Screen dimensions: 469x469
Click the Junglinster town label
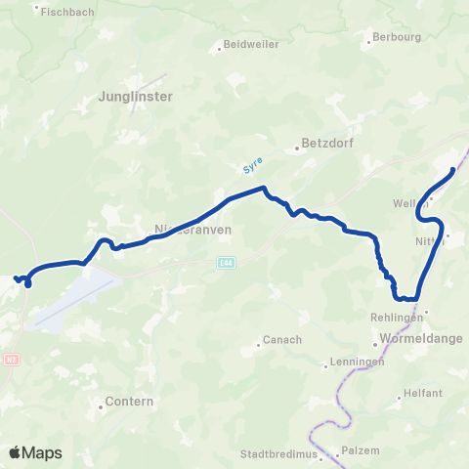tap(136, 97)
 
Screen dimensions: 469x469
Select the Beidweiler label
tap(251, 45)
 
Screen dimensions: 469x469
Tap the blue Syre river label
tap(252, 167)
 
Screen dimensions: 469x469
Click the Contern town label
tap(127, 402)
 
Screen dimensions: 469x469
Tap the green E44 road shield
tap(227, 262)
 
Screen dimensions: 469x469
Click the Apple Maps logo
tap(36, 452)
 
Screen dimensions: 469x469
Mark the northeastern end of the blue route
tap(453, 171)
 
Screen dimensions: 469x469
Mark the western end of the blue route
tap(17, 279)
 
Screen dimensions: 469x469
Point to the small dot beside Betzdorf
tap(296, 149)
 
